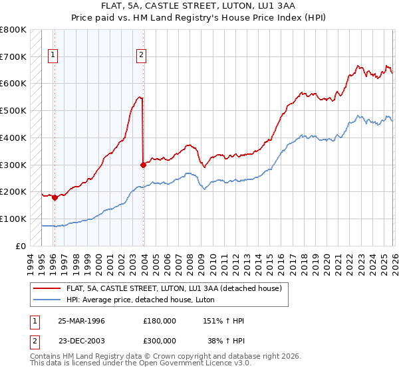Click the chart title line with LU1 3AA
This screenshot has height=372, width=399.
pyautogui.click(x=199, y=6)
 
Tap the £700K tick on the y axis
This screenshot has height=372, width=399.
pyautogui.click(x=13, y=56)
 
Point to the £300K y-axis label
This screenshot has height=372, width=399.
pyautogui.click(x=13, y=165)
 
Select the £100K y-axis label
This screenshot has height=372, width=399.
pyautogui.click(x=13, y=219)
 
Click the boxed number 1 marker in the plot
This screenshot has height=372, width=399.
pyautogui.click(x=53, y=56)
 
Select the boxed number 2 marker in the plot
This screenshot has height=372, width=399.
pyautogui.click(x=142, y=56)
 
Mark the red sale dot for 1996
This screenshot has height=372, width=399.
pyautogui.click(x=55, y=197)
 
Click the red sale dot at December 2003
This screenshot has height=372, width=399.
pyautogui.click(x=143, y=165)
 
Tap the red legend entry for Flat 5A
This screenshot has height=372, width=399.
pyautogui.click(x=173, y=288)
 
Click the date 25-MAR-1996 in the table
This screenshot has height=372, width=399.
pyautogui.click(x=81, y=321)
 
